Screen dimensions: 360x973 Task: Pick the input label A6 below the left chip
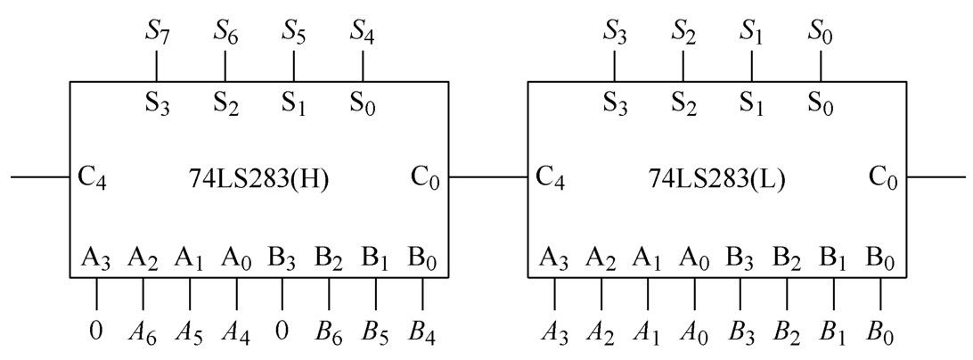coord(143,333)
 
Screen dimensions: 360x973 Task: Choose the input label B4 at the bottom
coord(423,333)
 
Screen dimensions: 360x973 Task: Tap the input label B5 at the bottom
coord(376,333)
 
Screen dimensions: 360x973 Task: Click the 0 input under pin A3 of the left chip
coord(97,332)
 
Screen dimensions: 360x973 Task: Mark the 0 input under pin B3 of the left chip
coord(282,332)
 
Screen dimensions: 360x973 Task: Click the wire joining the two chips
coord(488,176)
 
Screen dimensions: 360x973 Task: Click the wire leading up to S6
coord(225,65)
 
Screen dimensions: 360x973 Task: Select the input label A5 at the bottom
coord(190,333)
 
